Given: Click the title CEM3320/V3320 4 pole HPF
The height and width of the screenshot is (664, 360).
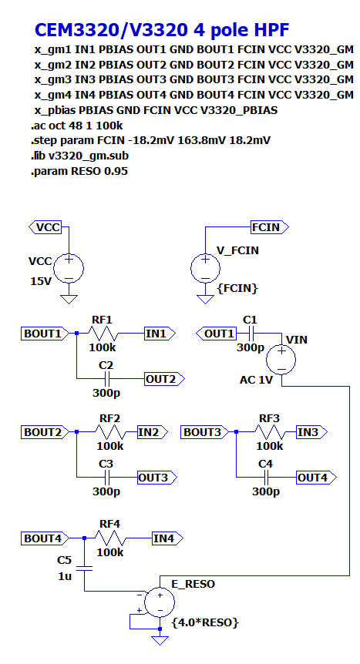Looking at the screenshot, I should [161, 30].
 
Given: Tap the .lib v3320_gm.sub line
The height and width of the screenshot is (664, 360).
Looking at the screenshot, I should [79, 156].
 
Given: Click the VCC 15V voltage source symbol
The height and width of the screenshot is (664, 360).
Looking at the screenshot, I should [69, 268].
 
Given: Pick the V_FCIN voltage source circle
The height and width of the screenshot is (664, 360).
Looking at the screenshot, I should [205, 268].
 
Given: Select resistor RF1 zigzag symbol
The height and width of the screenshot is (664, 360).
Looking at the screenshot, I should [103, 334].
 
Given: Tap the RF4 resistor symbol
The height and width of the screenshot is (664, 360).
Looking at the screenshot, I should [110, 538].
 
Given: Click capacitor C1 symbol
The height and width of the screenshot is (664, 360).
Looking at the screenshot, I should [250, 334].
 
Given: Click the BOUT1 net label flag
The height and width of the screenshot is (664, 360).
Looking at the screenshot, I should [42, 334].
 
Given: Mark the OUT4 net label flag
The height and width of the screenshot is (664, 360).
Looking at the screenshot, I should [312, 478].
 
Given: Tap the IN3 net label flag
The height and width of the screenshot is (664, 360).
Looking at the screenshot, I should [308, 433].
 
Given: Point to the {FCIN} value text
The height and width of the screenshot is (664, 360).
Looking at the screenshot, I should [237, 288].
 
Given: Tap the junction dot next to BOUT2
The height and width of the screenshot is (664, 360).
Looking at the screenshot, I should [77, 433].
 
